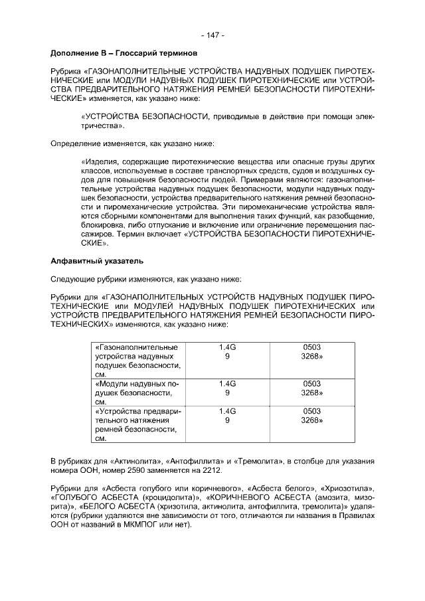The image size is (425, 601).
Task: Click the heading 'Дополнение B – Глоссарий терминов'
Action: coord(126,52)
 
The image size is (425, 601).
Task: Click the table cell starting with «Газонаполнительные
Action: coord(138,361)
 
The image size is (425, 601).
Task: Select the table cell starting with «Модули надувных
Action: coord(138,392)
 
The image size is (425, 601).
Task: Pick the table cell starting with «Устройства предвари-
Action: coord(138,424)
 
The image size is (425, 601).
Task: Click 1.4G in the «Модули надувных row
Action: coord(227,384)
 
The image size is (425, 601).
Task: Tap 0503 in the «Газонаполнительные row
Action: coord(312,347)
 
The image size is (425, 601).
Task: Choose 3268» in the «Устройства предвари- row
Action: coord(312,420)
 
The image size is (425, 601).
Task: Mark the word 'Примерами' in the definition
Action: coord(264,179)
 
